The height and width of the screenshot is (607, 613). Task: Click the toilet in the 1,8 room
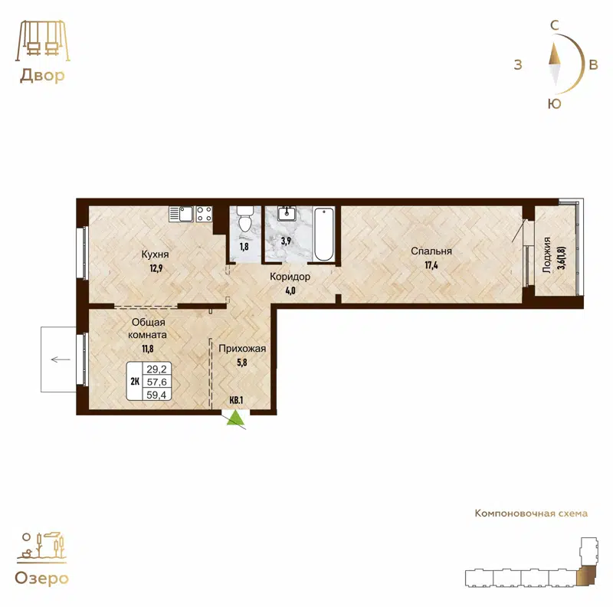(x=245, y=219)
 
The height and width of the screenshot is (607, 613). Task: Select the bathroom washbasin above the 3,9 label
(x=287, y=212)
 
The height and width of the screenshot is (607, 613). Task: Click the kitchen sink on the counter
(x=182, y=213)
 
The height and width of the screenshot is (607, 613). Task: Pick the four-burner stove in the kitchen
(x=204, y=213)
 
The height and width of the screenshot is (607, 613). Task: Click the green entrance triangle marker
(x=235, y=417)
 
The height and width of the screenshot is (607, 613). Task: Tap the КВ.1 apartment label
(x=236, y=400)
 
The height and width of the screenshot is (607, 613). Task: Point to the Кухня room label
(x=155, y=254)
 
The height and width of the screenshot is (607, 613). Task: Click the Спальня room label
(x=431, y=251)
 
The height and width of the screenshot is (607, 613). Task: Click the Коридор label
(x=290, y=276)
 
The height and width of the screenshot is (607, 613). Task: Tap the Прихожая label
(x=242, y=349)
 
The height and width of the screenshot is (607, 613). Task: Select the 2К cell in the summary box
(x=135, y=382)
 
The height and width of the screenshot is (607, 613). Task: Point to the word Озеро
(x=41, y=578)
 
